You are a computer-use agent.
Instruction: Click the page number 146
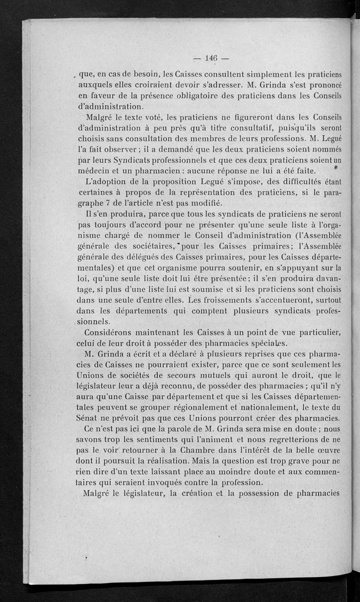pos(211,58)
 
